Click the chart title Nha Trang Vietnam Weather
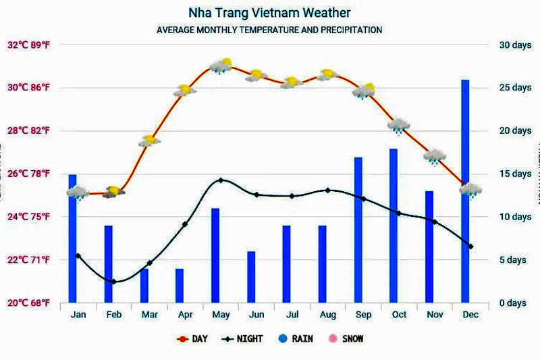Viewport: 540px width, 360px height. pyautogui.click(x=269, y=13)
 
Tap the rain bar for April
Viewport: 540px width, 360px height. pyautogui.click(x=180, y=286)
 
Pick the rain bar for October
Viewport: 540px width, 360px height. pyautogui.click(x=394, y=226)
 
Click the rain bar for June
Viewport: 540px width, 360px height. pyautogui.click(x=251, y=277)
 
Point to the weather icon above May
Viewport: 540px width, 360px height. pyautogui.click(x=221, y=66)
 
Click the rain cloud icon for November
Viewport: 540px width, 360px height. pyautogui.click(x=435, y=157)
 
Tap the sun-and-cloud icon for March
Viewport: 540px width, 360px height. pyautogui.click(x=149, y=140)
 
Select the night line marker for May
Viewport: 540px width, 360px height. pyautogui.click(x=221, y=180)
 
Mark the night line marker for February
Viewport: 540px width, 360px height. pyautogui.click(x=113, y=282)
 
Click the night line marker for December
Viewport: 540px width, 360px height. pyautogui.click(x=470, y=247)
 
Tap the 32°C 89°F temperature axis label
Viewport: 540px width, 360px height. pyautogui.click(x=28, y=45)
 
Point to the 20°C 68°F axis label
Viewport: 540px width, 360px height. pyautogui.click(x=28, y=303)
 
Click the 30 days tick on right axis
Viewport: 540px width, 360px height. pyautogui.click(x=515, y=45)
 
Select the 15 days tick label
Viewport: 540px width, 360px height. pyautogui.click(x=515, y=174)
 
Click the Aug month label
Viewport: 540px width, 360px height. pyautogui.click(x=327, y=315)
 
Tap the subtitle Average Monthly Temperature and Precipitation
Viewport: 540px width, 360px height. pyautogui.click(x=269, y=30)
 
